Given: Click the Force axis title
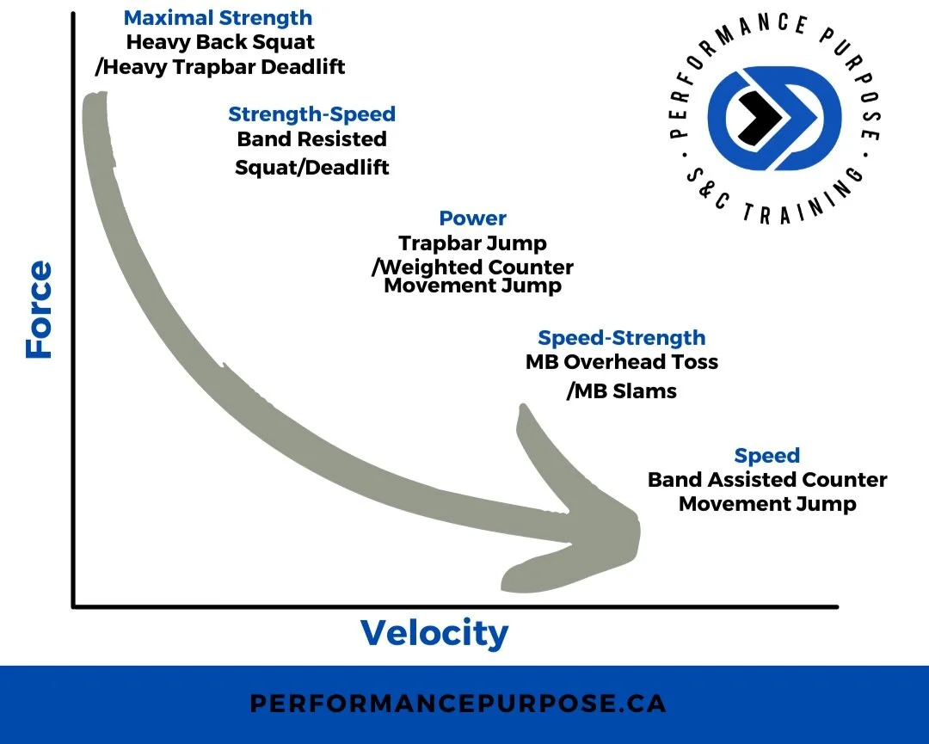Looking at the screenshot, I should coord(39,310).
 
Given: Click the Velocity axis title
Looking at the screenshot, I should coord(434,633).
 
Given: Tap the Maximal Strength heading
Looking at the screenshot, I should coord(218,18).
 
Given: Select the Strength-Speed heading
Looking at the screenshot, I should coord(311,114).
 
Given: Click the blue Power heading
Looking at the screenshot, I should coord(472,218).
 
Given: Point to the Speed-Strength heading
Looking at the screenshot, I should coord(621,338).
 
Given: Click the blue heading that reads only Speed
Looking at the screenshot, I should coord(766,456).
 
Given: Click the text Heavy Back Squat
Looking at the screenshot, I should coord(220,42).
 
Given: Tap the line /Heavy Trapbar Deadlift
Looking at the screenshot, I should coord(219,66).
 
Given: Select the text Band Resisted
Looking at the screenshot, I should coord(311,139).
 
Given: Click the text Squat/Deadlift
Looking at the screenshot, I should coord(311,167).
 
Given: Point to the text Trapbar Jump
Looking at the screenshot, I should coord(472,243).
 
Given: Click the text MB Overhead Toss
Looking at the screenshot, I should coord(621,362).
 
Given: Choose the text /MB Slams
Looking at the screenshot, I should coord(621,391).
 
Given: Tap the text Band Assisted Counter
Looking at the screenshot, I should coord(766,480).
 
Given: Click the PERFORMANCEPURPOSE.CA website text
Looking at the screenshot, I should coord(458,704).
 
